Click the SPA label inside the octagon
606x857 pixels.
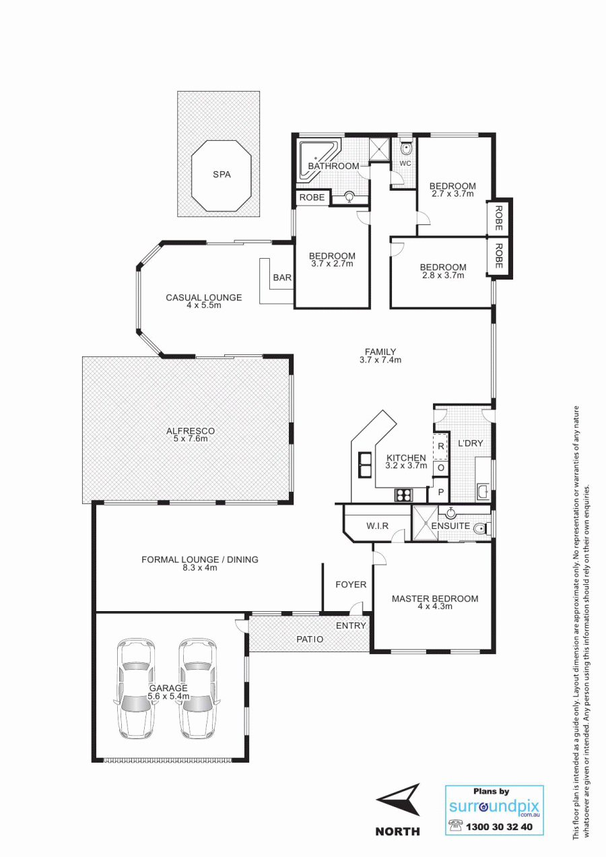coord(222,174)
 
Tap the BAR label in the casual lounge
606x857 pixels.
coord(282,278)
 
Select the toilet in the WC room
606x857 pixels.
coord(405,148)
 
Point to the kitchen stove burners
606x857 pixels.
coord(404,495)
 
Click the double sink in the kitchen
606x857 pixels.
coord(365,464)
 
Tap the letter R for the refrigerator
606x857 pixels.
coord(440,446)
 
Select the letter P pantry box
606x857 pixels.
coord(440,492)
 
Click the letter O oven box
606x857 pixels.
coord(440,468)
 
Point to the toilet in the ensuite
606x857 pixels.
coord(481,529)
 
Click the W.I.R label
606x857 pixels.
coord(377,526)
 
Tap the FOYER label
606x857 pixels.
coord(351,585)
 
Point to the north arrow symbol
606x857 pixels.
coord(399,800)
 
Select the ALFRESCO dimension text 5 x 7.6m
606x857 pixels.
coord(191,439)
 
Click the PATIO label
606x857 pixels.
coord(310,639)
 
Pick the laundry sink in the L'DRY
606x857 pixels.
coord(483,491)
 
